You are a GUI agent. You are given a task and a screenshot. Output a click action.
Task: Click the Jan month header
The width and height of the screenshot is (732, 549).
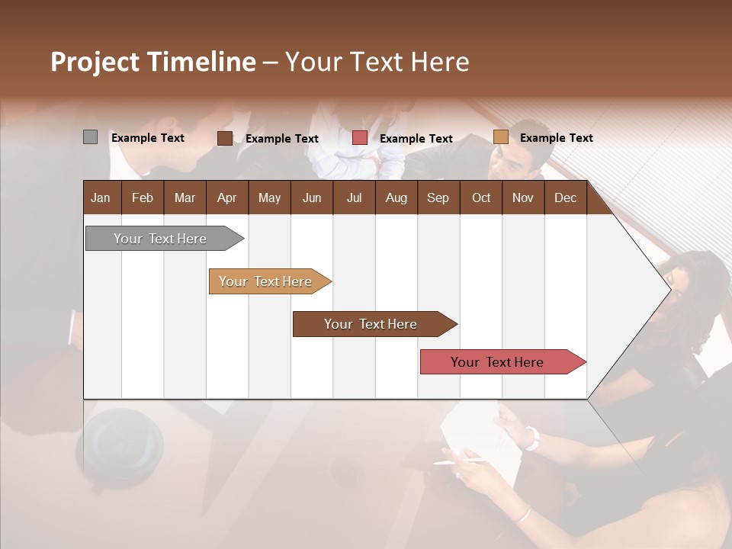point(101,198)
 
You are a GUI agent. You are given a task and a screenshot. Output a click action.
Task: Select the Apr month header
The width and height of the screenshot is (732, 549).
point(226,198)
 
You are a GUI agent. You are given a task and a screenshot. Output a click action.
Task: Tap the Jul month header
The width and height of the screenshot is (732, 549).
point(354,198)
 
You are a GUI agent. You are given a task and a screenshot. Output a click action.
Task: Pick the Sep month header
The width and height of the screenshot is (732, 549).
point(438,198)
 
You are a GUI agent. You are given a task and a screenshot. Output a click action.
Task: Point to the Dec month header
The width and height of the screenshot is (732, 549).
point(565,198)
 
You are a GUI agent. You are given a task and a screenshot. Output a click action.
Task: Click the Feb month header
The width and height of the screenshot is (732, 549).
point(143,198)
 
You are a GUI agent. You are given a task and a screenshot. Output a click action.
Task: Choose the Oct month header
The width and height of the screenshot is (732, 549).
point(481,198)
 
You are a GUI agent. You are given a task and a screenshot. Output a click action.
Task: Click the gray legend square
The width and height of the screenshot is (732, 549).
point(90,137)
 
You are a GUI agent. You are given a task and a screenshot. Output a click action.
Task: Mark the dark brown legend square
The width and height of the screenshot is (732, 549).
point(225,138)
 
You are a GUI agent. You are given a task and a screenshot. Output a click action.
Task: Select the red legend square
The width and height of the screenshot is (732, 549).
point(360,138)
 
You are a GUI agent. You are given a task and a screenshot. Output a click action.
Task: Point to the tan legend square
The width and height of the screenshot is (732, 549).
point(500,137)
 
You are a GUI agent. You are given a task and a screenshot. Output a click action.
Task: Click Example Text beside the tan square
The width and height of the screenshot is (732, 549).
point(556,138)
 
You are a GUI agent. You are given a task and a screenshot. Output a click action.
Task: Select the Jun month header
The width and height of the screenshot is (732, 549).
point(312,198)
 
